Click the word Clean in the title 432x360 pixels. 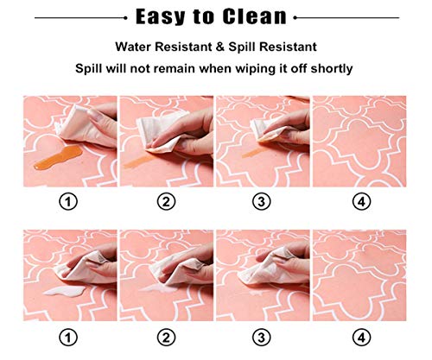point(254,16)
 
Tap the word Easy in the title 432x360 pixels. point(161,16)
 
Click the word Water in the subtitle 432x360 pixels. point(133,47)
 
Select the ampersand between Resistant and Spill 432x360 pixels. point(220,47)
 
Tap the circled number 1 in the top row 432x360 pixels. point(68,201)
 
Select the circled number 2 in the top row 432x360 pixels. point(167,201)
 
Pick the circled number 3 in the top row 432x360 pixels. point(262,201)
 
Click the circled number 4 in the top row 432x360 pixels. point(362,201)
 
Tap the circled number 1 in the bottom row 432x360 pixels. point(68,337)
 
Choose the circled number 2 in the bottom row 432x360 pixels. point(167,337)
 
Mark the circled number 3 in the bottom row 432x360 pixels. point(262,337)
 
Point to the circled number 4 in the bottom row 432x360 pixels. point(362,337)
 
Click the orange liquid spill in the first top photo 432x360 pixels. point(59,157)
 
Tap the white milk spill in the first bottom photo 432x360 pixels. point(64,291)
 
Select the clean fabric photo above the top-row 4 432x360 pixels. point(359,142)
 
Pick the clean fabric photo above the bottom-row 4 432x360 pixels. point(359,275)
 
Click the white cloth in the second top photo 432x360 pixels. point(158,132)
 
